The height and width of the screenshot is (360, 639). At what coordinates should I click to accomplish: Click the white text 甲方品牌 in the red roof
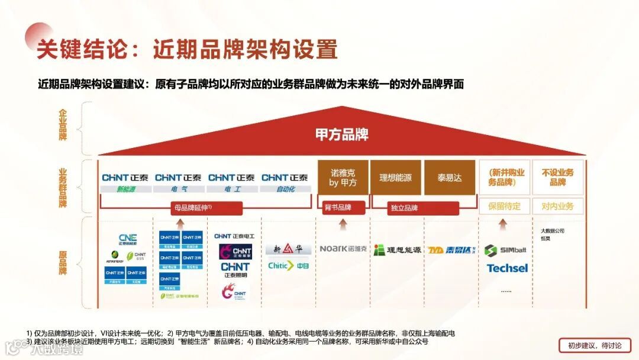click(342, 134)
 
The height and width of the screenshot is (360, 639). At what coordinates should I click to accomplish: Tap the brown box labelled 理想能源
click(396, 178)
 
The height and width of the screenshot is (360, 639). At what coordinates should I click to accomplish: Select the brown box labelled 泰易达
click(450, 178)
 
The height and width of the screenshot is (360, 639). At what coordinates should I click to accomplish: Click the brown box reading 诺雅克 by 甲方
click(343, 178)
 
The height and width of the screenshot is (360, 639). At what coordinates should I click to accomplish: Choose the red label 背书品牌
click(338, 208)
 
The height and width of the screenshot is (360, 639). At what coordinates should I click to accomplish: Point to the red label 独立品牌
click(404, 208)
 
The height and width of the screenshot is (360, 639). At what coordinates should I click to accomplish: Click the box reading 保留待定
click(505, 207)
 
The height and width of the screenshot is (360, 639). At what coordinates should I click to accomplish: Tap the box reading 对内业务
click(557, 207)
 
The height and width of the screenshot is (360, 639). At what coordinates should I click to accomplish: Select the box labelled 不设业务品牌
click(557, 178)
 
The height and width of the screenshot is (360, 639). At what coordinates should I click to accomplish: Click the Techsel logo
click(507, 268)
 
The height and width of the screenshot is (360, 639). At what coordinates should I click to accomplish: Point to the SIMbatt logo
click(505, 250)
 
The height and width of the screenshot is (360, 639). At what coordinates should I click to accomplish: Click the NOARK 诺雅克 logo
click(343, 249)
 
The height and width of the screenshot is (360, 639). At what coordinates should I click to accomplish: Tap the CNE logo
click(127, 239)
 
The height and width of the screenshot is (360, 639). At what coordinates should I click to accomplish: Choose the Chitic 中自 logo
click(289, 266)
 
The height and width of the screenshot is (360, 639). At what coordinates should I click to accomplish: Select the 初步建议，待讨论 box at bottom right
click(594, 346)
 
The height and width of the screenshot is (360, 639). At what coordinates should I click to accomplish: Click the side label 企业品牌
click(63, 125)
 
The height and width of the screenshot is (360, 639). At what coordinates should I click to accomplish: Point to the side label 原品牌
click(63, 262)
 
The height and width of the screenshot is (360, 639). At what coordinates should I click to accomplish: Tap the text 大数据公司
click(553, 230)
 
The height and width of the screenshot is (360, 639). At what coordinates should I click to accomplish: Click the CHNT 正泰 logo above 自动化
click(285, 178)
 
